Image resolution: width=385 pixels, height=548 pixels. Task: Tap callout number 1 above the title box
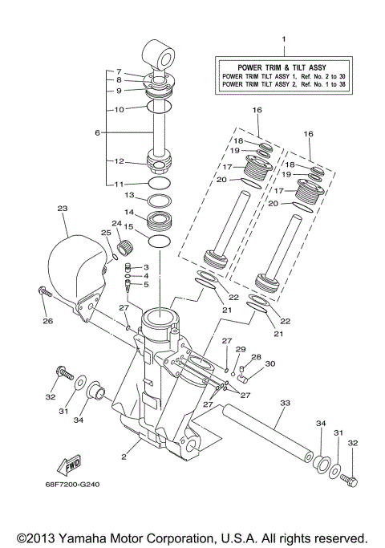click(x=282, y=39)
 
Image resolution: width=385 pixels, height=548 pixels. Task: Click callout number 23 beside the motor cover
click(x=62, y=208)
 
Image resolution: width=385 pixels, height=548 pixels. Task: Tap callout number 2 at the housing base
click(x=124, y=456)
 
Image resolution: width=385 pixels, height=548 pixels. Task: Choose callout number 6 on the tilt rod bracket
click(x=98, y=132)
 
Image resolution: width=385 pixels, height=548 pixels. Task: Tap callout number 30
click(x=270, y=363)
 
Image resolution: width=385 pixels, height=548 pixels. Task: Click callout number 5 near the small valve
click(x=146, y=284)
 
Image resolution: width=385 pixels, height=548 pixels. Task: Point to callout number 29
click(x=239, y=349)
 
